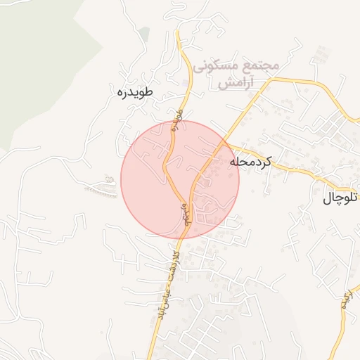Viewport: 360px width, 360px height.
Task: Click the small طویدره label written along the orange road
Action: (176, 120)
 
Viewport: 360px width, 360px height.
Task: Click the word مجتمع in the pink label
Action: (262, 65)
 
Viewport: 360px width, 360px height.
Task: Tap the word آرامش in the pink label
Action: (236, 82)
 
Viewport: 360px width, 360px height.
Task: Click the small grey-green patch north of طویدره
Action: (144, 34)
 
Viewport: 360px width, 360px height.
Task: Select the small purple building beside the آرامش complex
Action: (185, 84)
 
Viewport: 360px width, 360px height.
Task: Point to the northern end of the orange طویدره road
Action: (179, 32)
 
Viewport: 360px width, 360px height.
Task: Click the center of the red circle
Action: (180, 179)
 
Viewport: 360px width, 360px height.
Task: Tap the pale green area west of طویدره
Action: (42, 63)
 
